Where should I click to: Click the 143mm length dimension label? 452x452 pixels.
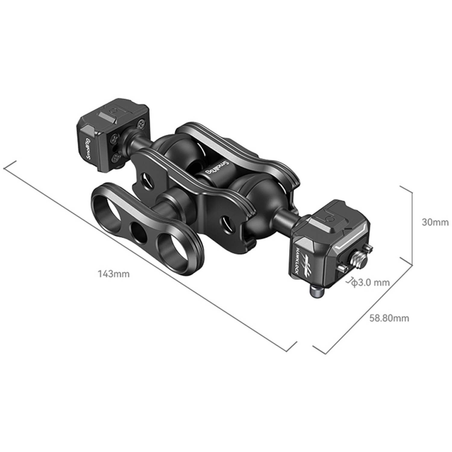tap(114, 274)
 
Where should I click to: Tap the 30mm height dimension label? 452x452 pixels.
tap(435, 222)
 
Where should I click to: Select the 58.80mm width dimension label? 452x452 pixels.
tap(389, 318)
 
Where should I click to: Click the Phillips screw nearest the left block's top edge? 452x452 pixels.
tap(141, 123)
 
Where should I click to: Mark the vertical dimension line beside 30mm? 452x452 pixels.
tap(412, 225)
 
